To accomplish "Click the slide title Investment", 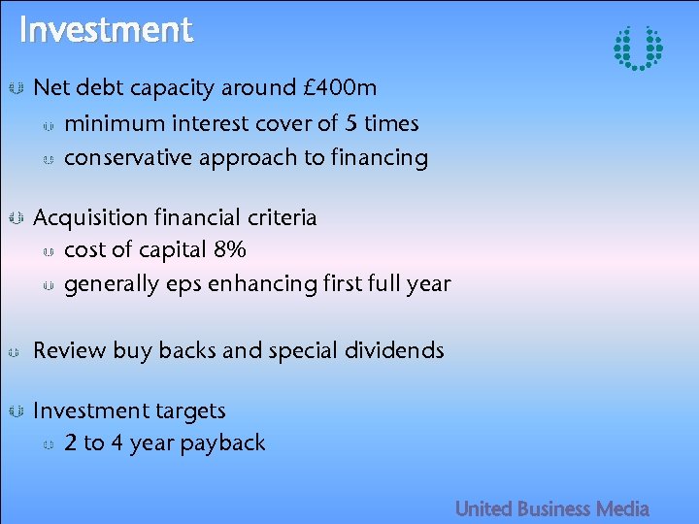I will pyautogui.click(x=106, y=30).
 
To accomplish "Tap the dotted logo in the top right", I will pyautogui.click(x=638, y=48).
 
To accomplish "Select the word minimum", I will pyautogui.click(x=115, y=124).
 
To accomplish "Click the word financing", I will pyautogui.click(x=380, y=158).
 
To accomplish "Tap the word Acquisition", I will pyautogui.click(x=89, y=217).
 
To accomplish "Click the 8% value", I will pyautogui.click(x=229, y=250).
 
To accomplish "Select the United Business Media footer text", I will pyautogui.click(x=551, y=508).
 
